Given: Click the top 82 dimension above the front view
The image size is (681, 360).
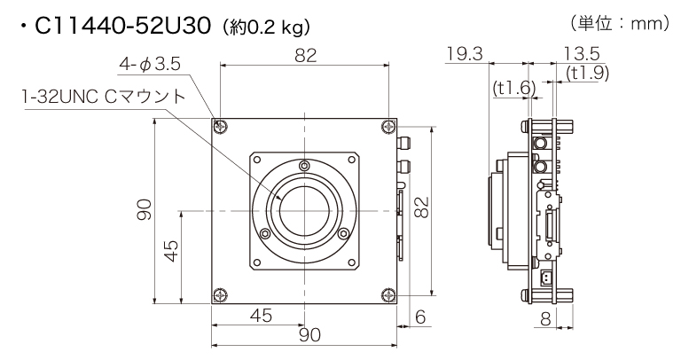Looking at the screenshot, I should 304,55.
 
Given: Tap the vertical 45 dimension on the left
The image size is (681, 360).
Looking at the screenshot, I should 171,251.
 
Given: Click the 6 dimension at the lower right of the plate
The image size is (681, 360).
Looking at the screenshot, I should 419,316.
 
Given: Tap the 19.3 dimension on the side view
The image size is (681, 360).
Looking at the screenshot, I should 464,55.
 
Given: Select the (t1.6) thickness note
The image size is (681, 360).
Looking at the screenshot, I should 509,88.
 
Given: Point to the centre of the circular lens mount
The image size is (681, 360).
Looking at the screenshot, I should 304,210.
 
